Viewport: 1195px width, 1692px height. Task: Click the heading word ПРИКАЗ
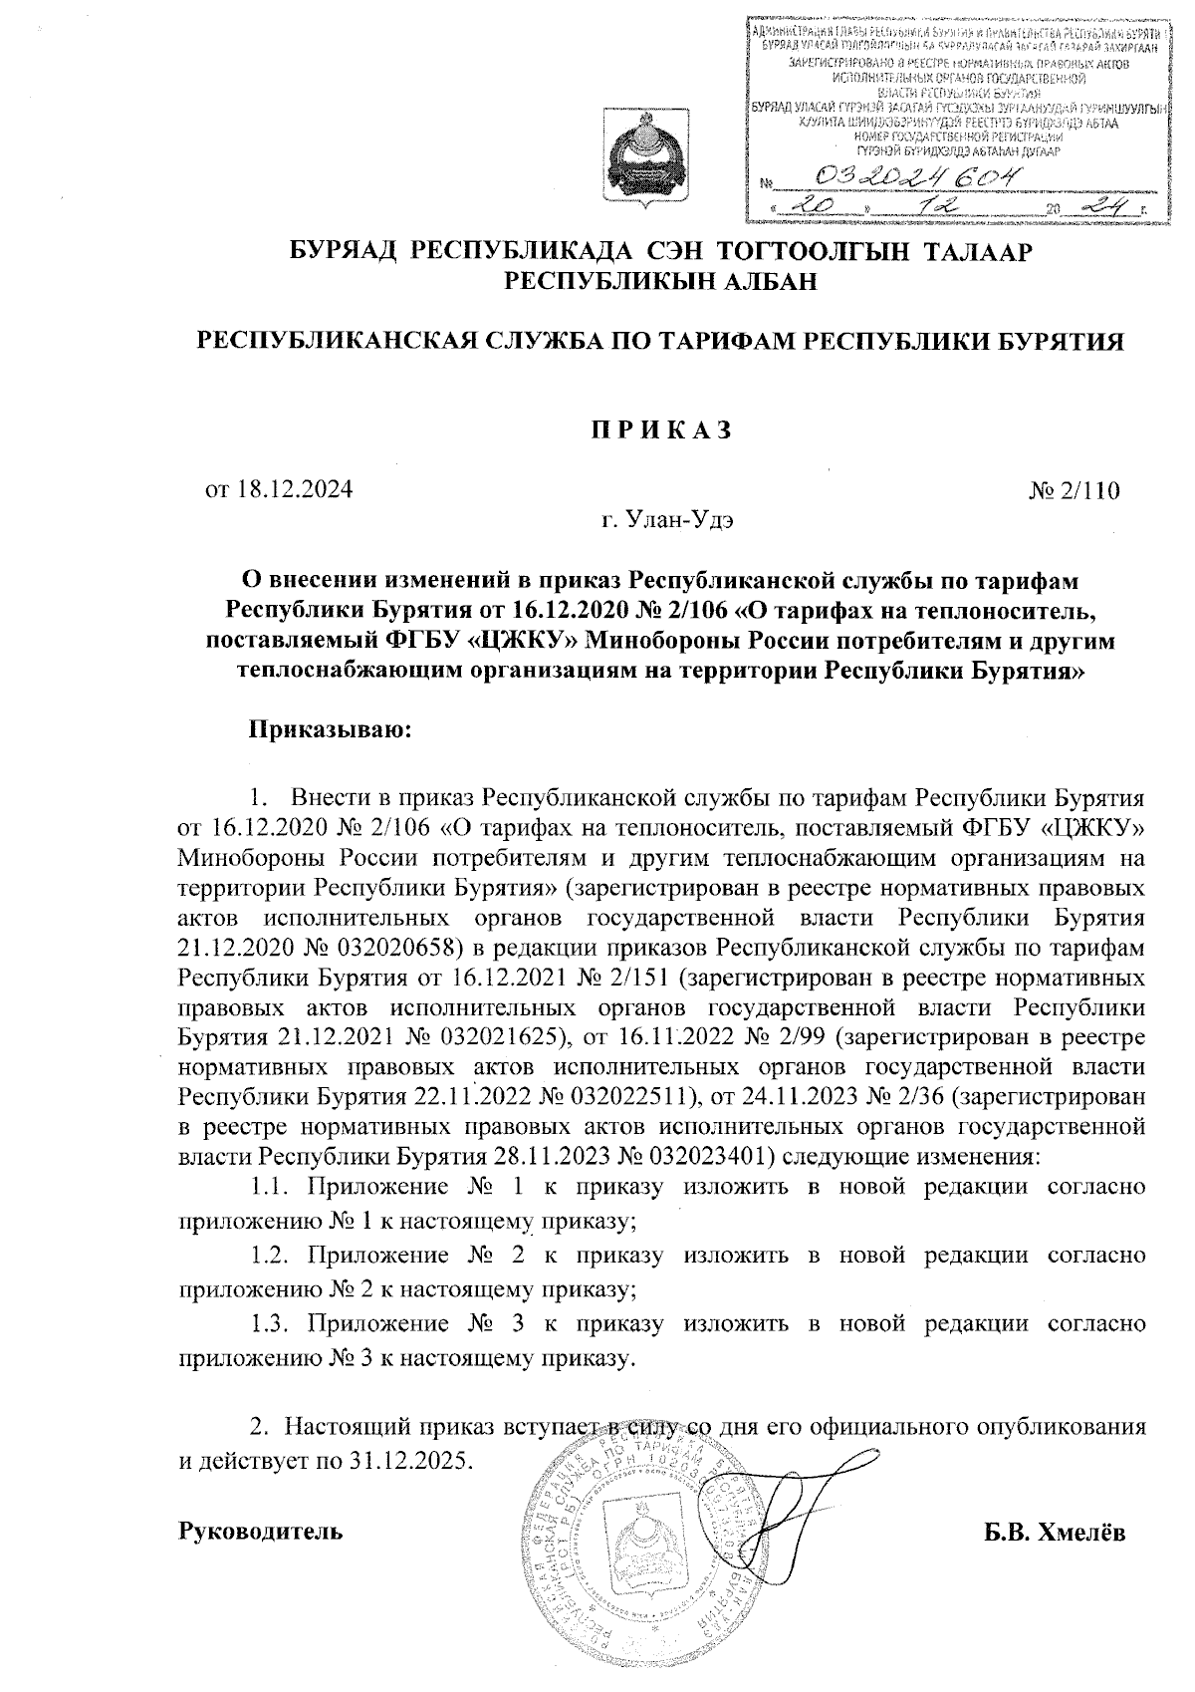[658, 430]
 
